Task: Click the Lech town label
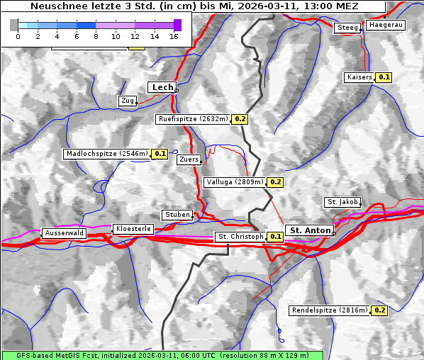click(162, 87)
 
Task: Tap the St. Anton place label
click(311, 230)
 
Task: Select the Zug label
click(128, 101)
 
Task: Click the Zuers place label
click(189, 160)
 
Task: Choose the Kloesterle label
click(133, 229)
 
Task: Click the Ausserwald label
click(64, 233)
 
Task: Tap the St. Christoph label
click(240, 237)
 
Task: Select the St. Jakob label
click(342, 202)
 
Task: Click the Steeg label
click(347, 28)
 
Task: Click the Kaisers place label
click(359, 77)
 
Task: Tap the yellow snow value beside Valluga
click(276, 182)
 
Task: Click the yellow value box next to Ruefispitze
click(240, 119)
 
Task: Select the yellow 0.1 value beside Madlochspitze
click(160, 153)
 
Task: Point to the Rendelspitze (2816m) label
click(330, 310)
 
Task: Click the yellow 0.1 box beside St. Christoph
click(276, 237)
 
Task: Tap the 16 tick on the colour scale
click(174, 36)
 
